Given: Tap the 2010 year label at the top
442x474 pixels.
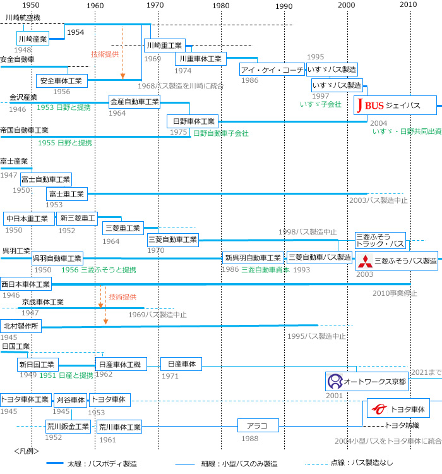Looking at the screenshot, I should coord(409,6).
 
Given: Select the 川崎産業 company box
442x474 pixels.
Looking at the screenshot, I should coord(33,39).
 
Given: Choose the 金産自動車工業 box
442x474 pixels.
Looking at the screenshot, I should coord(134,101).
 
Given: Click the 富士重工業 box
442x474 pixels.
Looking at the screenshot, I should coord(66,194).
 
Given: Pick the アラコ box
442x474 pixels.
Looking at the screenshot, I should coord(258,425).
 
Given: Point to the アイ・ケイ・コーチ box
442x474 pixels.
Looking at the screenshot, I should coord(272,70).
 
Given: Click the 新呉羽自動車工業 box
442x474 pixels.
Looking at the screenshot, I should coord(253,258).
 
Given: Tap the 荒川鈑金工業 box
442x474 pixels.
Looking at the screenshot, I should coord(68,427).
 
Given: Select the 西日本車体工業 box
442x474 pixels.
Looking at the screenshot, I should coord(26,284).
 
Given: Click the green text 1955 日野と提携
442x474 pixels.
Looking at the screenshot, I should coord(64,143).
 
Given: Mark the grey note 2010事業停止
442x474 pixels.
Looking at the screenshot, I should coord(395,293).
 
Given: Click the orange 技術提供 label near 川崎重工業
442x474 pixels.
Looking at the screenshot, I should coord(105,54).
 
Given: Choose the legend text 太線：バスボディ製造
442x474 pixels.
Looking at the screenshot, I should coord(102,463).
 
